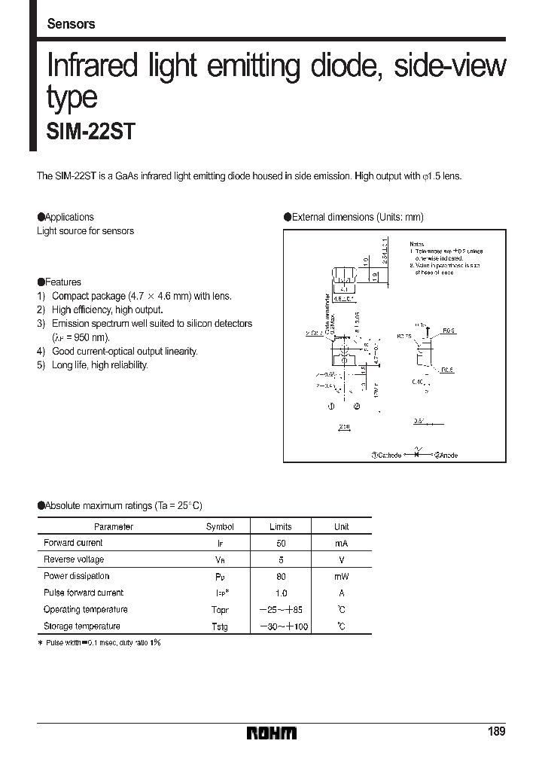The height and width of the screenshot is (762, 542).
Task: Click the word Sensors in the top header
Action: (x=71, y=24)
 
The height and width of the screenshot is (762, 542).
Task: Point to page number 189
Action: (x=496, y=732)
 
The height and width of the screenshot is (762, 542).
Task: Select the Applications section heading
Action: (x=69, y=217)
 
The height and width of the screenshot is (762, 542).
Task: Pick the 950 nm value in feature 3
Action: (x=89, y=337)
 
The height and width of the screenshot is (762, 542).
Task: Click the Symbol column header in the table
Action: (x=220, y=526)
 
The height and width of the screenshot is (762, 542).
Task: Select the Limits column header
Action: (x=280, y=526)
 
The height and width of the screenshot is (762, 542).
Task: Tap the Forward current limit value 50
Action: (x=280, y=543)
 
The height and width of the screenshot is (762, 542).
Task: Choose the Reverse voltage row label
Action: (x=74, y=559)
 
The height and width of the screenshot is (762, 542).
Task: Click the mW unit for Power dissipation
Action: (x=341, y=576)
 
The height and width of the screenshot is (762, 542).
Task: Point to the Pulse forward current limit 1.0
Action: (x=280, y=593)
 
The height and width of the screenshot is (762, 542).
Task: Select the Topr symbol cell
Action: (x=220, y=610)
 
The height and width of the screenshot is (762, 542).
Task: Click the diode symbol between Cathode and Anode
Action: (x=416, y=454)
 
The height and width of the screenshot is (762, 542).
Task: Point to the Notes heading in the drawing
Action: (x=417, y=245)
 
